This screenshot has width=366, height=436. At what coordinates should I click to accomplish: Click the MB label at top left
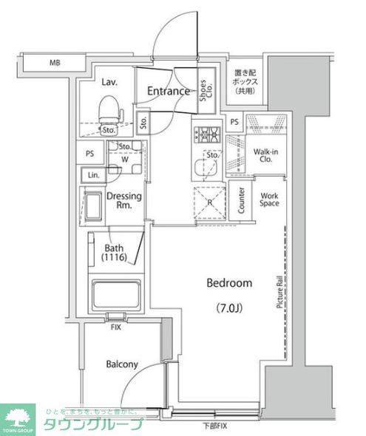pyautogui.click(x=55, y=64)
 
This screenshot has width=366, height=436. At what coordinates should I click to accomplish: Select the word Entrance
pyautogui.click(x=169, y=92)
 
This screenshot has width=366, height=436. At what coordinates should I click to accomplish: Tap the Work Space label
pyautogui.click(x=269, y=200)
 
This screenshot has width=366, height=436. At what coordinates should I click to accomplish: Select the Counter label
pyautogui.click(x=242, y=200)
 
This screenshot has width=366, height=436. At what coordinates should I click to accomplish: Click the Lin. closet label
pyautogui.click(x=93, y=175)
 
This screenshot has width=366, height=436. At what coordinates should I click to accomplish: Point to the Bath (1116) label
pyautogui.click(x=115, y=253)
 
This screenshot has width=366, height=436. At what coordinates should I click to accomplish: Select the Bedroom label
pyautogui.click(x=228, y=283)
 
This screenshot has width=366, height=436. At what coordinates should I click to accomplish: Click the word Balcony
pyautogui.click(x=122, y=364)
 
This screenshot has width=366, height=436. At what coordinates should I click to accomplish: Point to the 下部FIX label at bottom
pyautogui.click(x=217, y=426)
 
